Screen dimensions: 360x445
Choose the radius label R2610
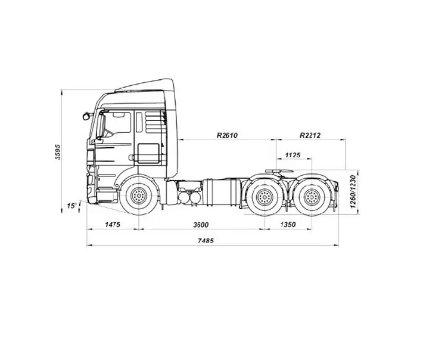227,135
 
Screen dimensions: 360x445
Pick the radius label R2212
310,135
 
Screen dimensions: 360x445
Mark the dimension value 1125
292,155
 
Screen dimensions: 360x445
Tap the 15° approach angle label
71,206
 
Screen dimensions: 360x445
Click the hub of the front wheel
139,195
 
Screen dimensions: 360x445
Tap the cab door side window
117,125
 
